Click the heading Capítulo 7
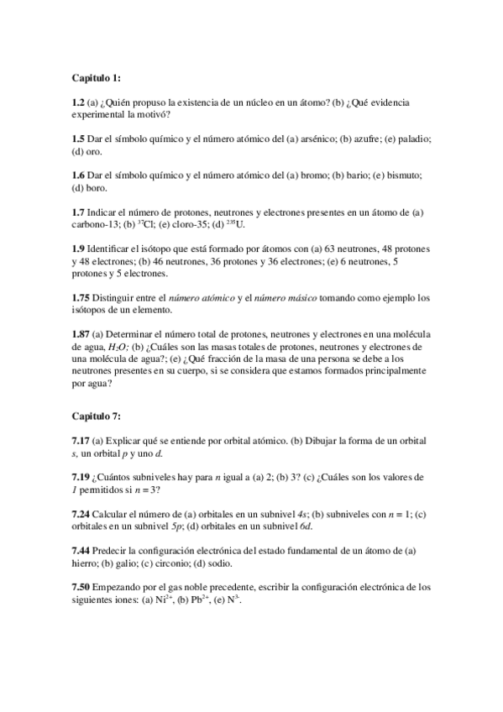point(97,416)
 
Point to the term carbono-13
point(96,225)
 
